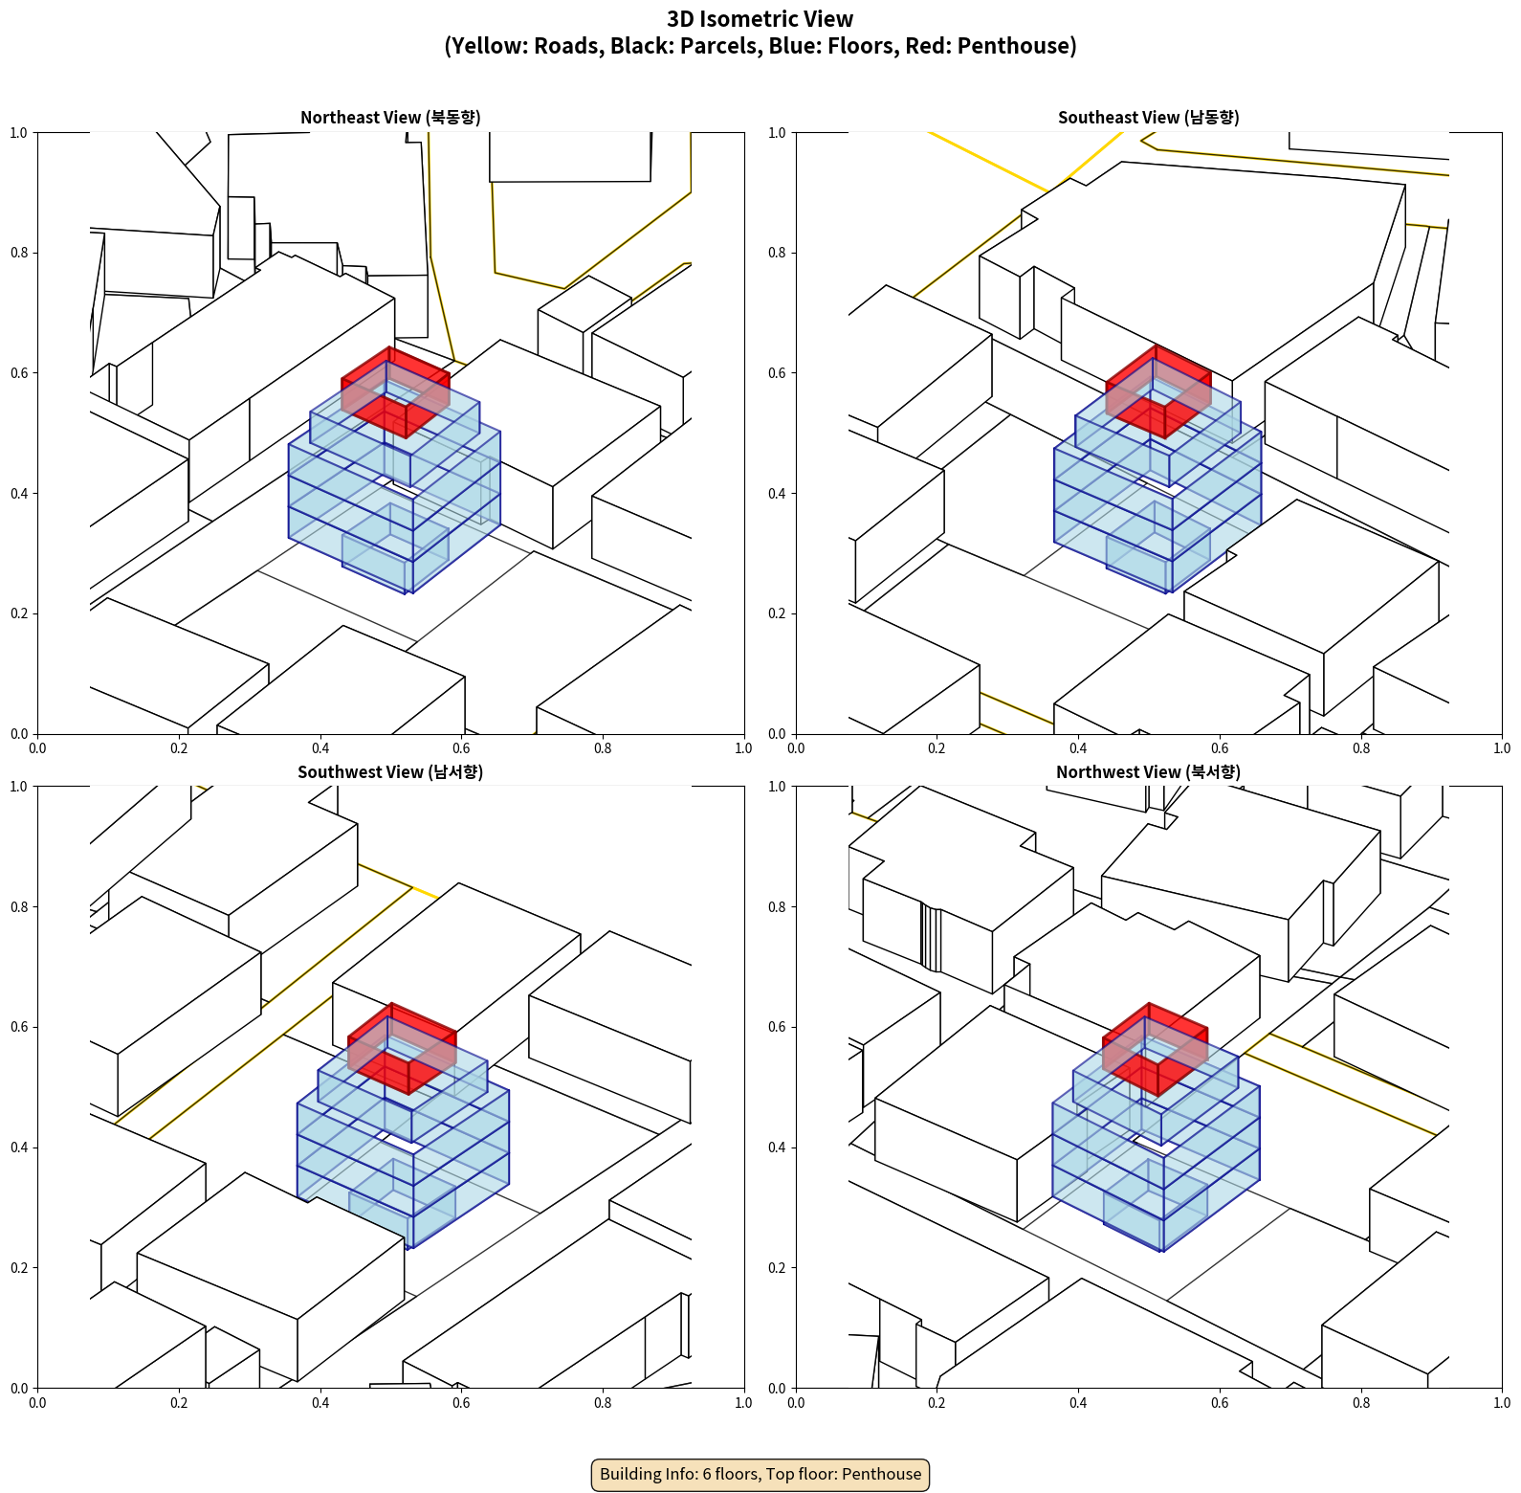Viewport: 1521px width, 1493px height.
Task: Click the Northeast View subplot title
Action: click(390, 118)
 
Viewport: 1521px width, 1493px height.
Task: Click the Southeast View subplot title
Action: click(1148, 118)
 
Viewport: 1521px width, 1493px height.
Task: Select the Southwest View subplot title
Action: click(390, 772)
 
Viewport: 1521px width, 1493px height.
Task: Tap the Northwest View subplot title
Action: click(1148, 772)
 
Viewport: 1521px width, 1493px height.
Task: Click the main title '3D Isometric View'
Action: click(760, 19)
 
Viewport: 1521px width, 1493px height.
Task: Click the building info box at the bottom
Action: click(760, 1474)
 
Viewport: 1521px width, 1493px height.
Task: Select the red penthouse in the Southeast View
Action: click(1158, 391)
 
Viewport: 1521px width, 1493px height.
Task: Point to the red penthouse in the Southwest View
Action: click(402, 1048)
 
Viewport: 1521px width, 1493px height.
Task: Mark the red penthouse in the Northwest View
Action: click(1155, 1049)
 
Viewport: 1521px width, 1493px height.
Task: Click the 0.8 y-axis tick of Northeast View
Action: click(19, 253)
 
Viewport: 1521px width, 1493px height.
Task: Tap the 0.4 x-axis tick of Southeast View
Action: click(1078, 748)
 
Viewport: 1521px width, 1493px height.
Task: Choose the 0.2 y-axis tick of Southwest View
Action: click(19, 1267)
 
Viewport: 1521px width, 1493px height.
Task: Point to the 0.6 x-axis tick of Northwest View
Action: click(1220, 1403)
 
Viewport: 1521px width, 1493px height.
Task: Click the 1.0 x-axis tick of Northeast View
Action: click(743, 748)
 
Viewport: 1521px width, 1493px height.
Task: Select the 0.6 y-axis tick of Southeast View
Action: click(777, 373)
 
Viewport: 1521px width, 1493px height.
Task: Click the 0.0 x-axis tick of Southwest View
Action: click(37, 1403)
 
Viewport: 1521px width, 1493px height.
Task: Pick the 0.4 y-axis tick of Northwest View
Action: click(777, 1147)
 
